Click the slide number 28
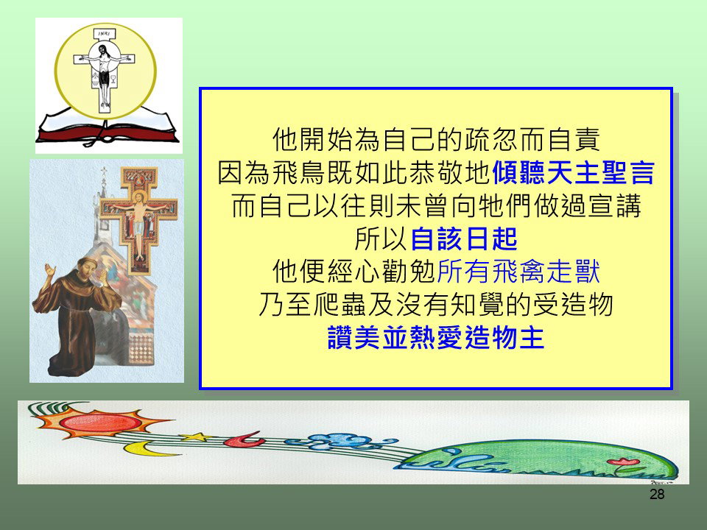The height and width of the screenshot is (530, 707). point(657,495)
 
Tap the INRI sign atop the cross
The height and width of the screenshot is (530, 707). point(104,34)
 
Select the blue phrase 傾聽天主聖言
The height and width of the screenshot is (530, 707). point(573,172)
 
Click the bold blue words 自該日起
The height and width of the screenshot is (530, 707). point(464,239)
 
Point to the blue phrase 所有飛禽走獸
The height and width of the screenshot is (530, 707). point(518,272)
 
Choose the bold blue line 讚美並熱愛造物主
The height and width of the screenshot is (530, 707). point(436,338)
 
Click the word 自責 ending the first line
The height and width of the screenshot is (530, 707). point(573,139)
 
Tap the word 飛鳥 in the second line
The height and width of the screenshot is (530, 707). point(300,172)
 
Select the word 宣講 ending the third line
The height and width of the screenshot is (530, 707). point(614,206)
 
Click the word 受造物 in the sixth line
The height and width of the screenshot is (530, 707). point(573,305)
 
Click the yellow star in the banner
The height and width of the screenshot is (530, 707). point(196,437)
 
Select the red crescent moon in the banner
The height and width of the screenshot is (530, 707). point(244,439)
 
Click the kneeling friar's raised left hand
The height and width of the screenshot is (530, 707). point(49,271)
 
